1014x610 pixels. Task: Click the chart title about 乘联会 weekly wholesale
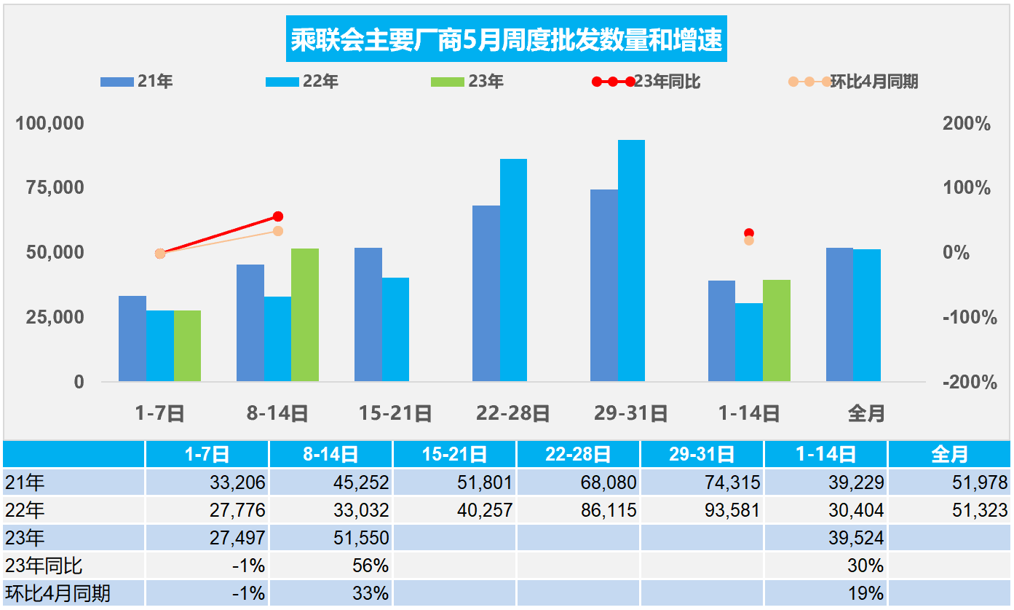(507, 40)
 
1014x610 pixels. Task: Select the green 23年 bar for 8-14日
(305, 315)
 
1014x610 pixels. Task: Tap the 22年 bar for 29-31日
(631, 260)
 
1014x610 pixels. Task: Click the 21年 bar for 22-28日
(486, 293)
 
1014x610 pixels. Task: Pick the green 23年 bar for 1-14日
(777, 330)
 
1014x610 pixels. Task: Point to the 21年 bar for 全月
(839, 314)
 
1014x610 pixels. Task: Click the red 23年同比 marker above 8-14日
(277, 216)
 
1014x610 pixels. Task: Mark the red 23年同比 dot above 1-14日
(749, 233)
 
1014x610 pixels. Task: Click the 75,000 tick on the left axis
(50, 188)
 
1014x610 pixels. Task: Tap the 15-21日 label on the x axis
(395, 414)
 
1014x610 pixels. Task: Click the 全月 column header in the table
(949, 455)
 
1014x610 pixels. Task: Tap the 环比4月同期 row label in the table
(58, 593)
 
